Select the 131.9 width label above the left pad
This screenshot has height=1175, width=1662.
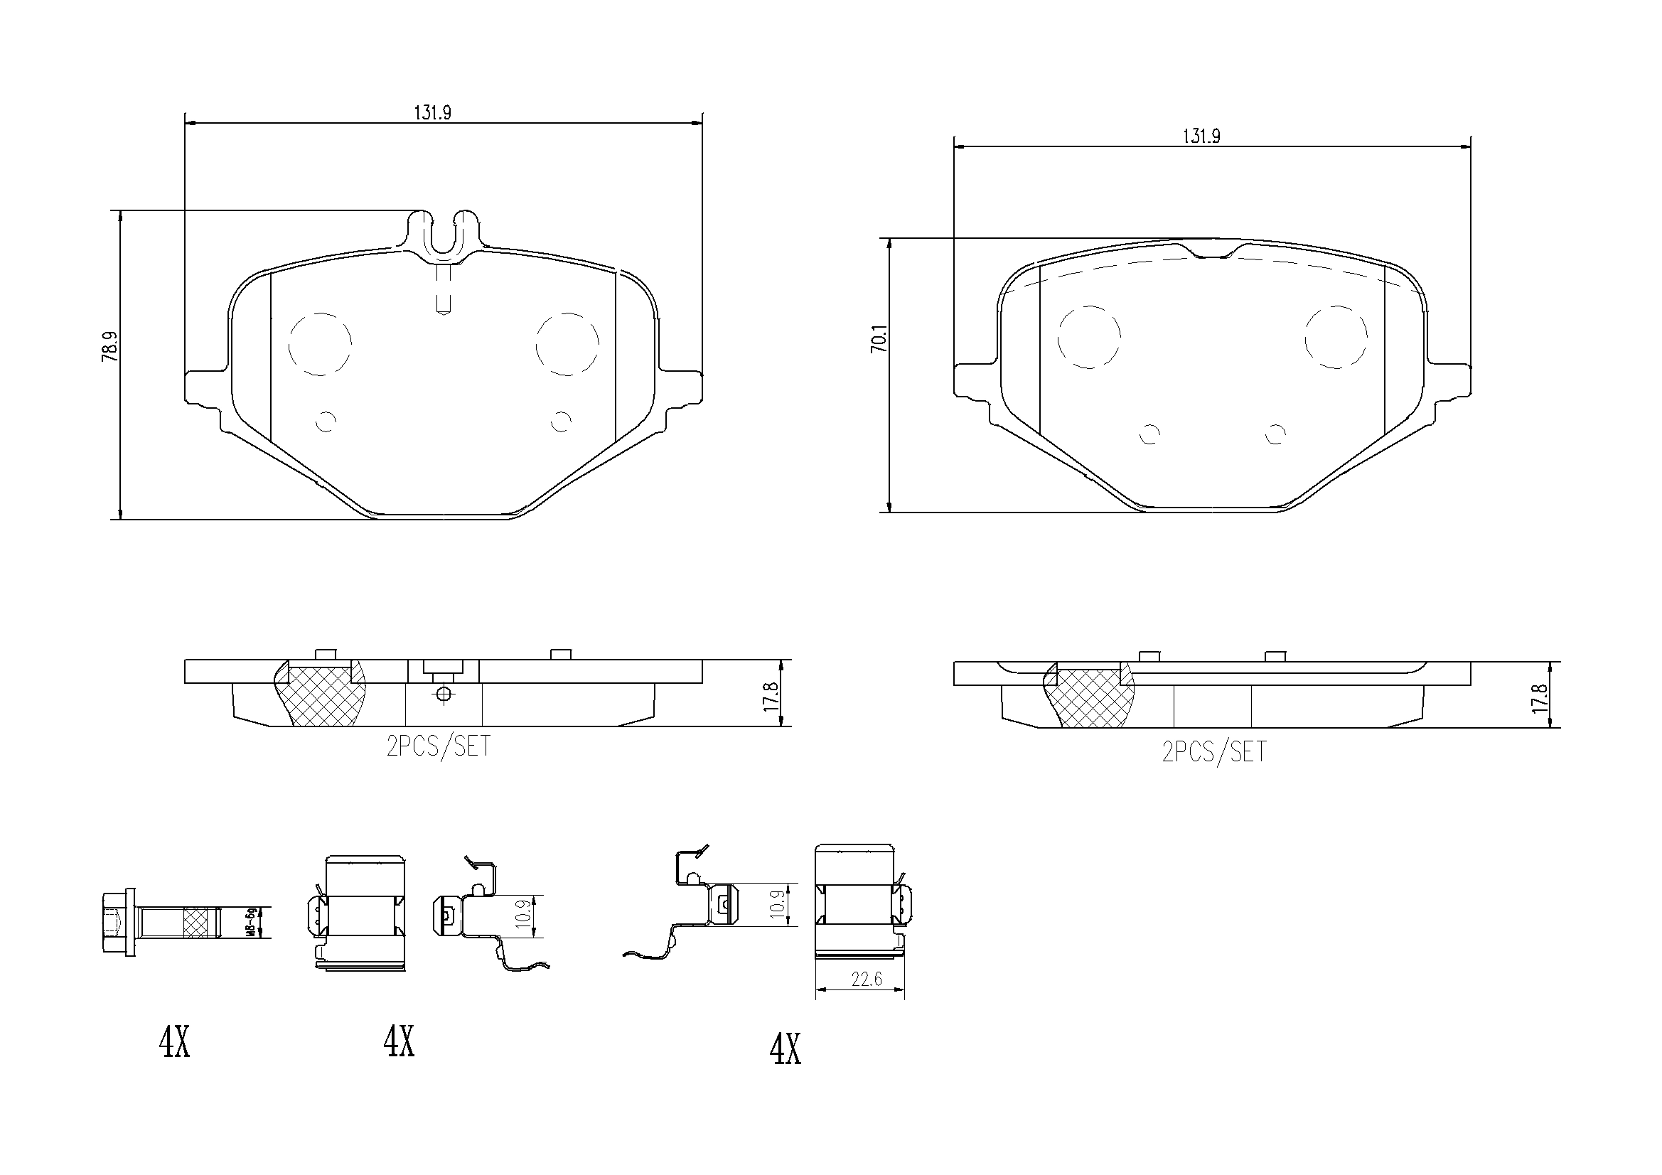click(432, 113)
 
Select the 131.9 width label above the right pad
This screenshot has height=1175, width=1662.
click(1201, 136)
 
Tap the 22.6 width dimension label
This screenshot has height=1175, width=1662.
click(867, 980)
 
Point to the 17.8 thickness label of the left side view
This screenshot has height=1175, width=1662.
click(772, 694)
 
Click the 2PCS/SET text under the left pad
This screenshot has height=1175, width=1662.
click(438, 746)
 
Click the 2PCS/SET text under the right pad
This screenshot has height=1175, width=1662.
click(1214, 752)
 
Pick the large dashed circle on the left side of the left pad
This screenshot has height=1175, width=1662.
click(320, 345)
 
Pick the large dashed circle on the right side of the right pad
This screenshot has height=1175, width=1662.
click(1336, 337)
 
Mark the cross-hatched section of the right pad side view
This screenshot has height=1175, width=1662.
click(1091, 699)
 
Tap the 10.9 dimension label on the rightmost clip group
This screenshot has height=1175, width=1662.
click(778, 904)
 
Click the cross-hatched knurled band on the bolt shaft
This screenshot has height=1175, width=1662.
click(200, 923)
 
